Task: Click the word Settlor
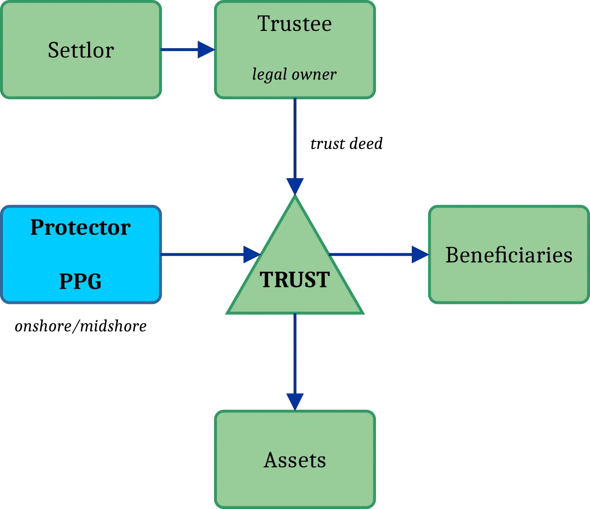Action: pyautogui.click(x=81, y=50)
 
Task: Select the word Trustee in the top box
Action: pyautogui.click(x=295, y=24)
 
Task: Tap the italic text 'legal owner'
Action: pyautogui.click(x=294, y=74)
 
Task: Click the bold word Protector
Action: pyautogui.click(x=80, y=227)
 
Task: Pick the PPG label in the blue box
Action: pyautogui.click(x=80, y=281)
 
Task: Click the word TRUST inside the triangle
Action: pyautogui.click(x=295, y=279)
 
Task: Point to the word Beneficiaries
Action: pyautogui.click(x=509, y=255)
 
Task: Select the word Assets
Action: pyautogui.click(x=295, y=460)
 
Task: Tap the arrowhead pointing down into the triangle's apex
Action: pyautogui.click(x=295, y=185)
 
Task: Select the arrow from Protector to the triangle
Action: pyautogui.click(x=206, y=254)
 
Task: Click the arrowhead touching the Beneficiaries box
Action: pyautogui.click(x=419, y=254)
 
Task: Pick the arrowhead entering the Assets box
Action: pyautogui.click(x=295, y=400)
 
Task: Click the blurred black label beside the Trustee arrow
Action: pyautogui.click(x=347, y=144)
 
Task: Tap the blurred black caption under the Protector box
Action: pyautogui.click(x=80, y=327)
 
